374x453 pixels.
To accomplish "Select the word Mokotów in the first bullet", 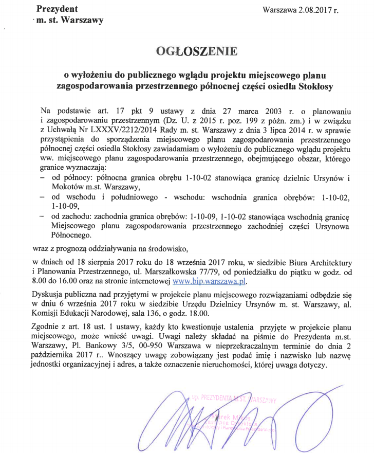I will pos(68,187).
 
